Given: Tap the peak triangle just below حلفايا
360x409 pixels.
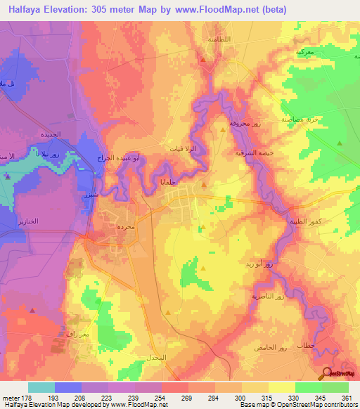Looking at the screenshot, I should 204,186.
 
